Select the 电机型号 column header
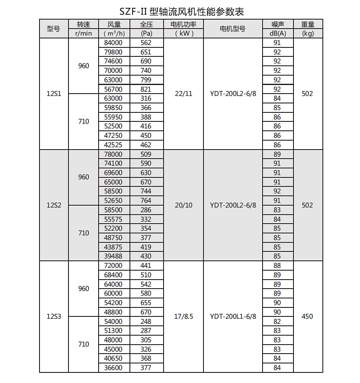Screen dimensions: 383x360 click(232, 29)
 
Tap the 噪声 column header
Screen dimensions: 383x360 click(277, 24)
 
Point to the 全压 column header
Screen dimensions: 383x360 click(146, 24)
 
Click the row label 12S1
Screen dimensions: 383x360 click(54, 94)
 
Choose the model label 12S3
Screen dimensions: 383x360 click(54, 316)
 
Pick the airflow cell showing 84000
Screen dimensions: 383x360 click(113, 43)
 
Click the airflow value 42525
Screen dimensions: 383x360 click(113, 145)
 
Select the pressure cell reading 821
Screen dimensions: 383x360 click(146, 89)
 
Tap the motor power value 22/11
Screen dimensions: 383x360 click(183, 94)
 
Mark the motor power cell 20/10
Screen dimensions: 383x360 click(183, 205)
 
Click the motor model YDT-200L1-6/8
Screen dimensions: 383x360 click(233, 316)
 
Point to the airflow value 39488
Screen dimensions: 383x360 click(113, 256)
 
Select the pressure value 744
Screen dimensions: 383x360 click(146, 191)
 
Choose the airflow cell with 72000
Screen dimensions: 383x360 click(113, 266)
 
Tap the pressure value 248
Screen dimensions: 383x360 click(146, 322)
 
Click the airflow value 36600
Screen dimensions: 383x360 click(113, 368)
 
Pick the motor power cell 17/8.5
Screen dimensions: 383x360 click(183, 316)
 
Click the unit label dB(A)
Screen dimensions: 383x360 click(277, 33)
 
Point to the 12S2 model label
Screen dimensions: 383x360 click(54, 205)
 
